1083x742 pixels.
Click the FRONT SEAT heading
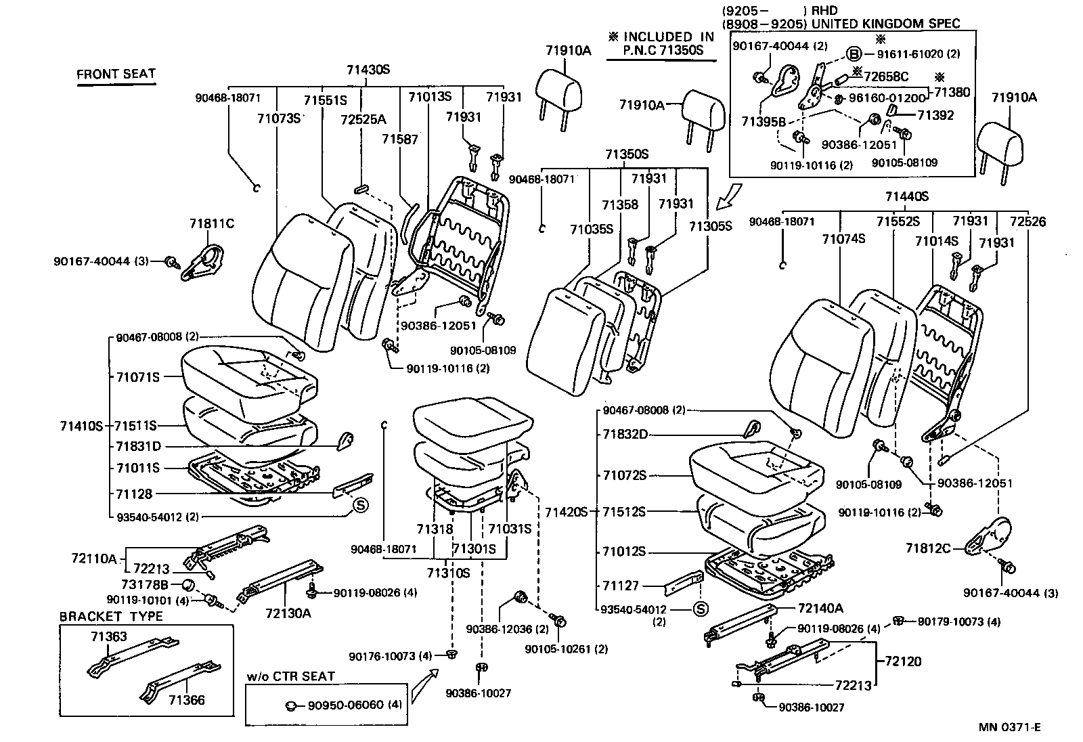pos(116,74)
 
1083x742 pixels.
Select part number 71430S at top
pos(368,70)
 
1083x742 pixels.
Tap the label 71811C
pos(212,223)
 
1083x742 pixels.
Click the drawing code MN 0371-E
pos(1009,727)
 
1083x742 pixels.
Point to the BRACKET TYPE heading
pos(111,616)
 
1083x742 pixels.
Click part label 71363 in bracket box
pos(109,636)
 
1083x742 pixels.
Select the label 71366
pos(186,700)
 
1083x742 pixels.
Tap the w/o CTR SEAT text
pos(291,676)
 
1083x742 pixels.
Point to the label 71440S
pos(906,196)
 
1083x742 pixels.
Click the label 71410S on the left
pos(81,426)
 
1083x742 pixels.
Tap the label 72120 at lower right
pos(902,661)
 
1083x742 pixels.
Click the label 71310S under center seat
pos(448,573)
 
